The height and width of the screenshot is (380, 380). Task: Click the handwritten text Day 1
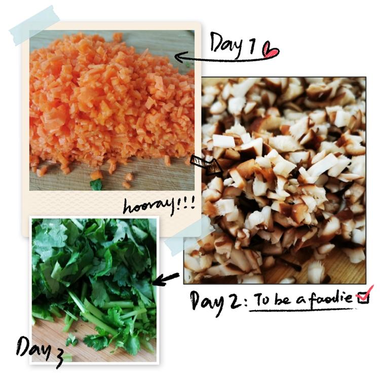pyautogui.click(x=232, y=44)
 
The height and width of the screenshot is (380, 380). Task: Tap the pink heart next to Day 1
pyautogui.click(x=271, y=50)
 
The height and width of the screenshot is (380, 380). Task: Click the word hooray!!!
pyautogui.click(x=159, y=206)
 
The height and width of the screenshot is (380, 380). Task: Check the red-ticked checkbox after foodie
pyautogui.click(x=364, y=295)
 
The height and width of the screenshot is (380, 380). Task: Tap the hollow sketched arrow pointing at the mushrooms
pyautogui.click(x=206, y=165)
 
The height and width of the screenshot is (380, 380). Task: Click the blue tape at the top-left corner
pyautogui.click(x=35, y=25)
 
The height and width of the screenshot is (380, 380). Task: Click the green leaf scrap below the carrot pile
pyautogui.click(x=96, y=184)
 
